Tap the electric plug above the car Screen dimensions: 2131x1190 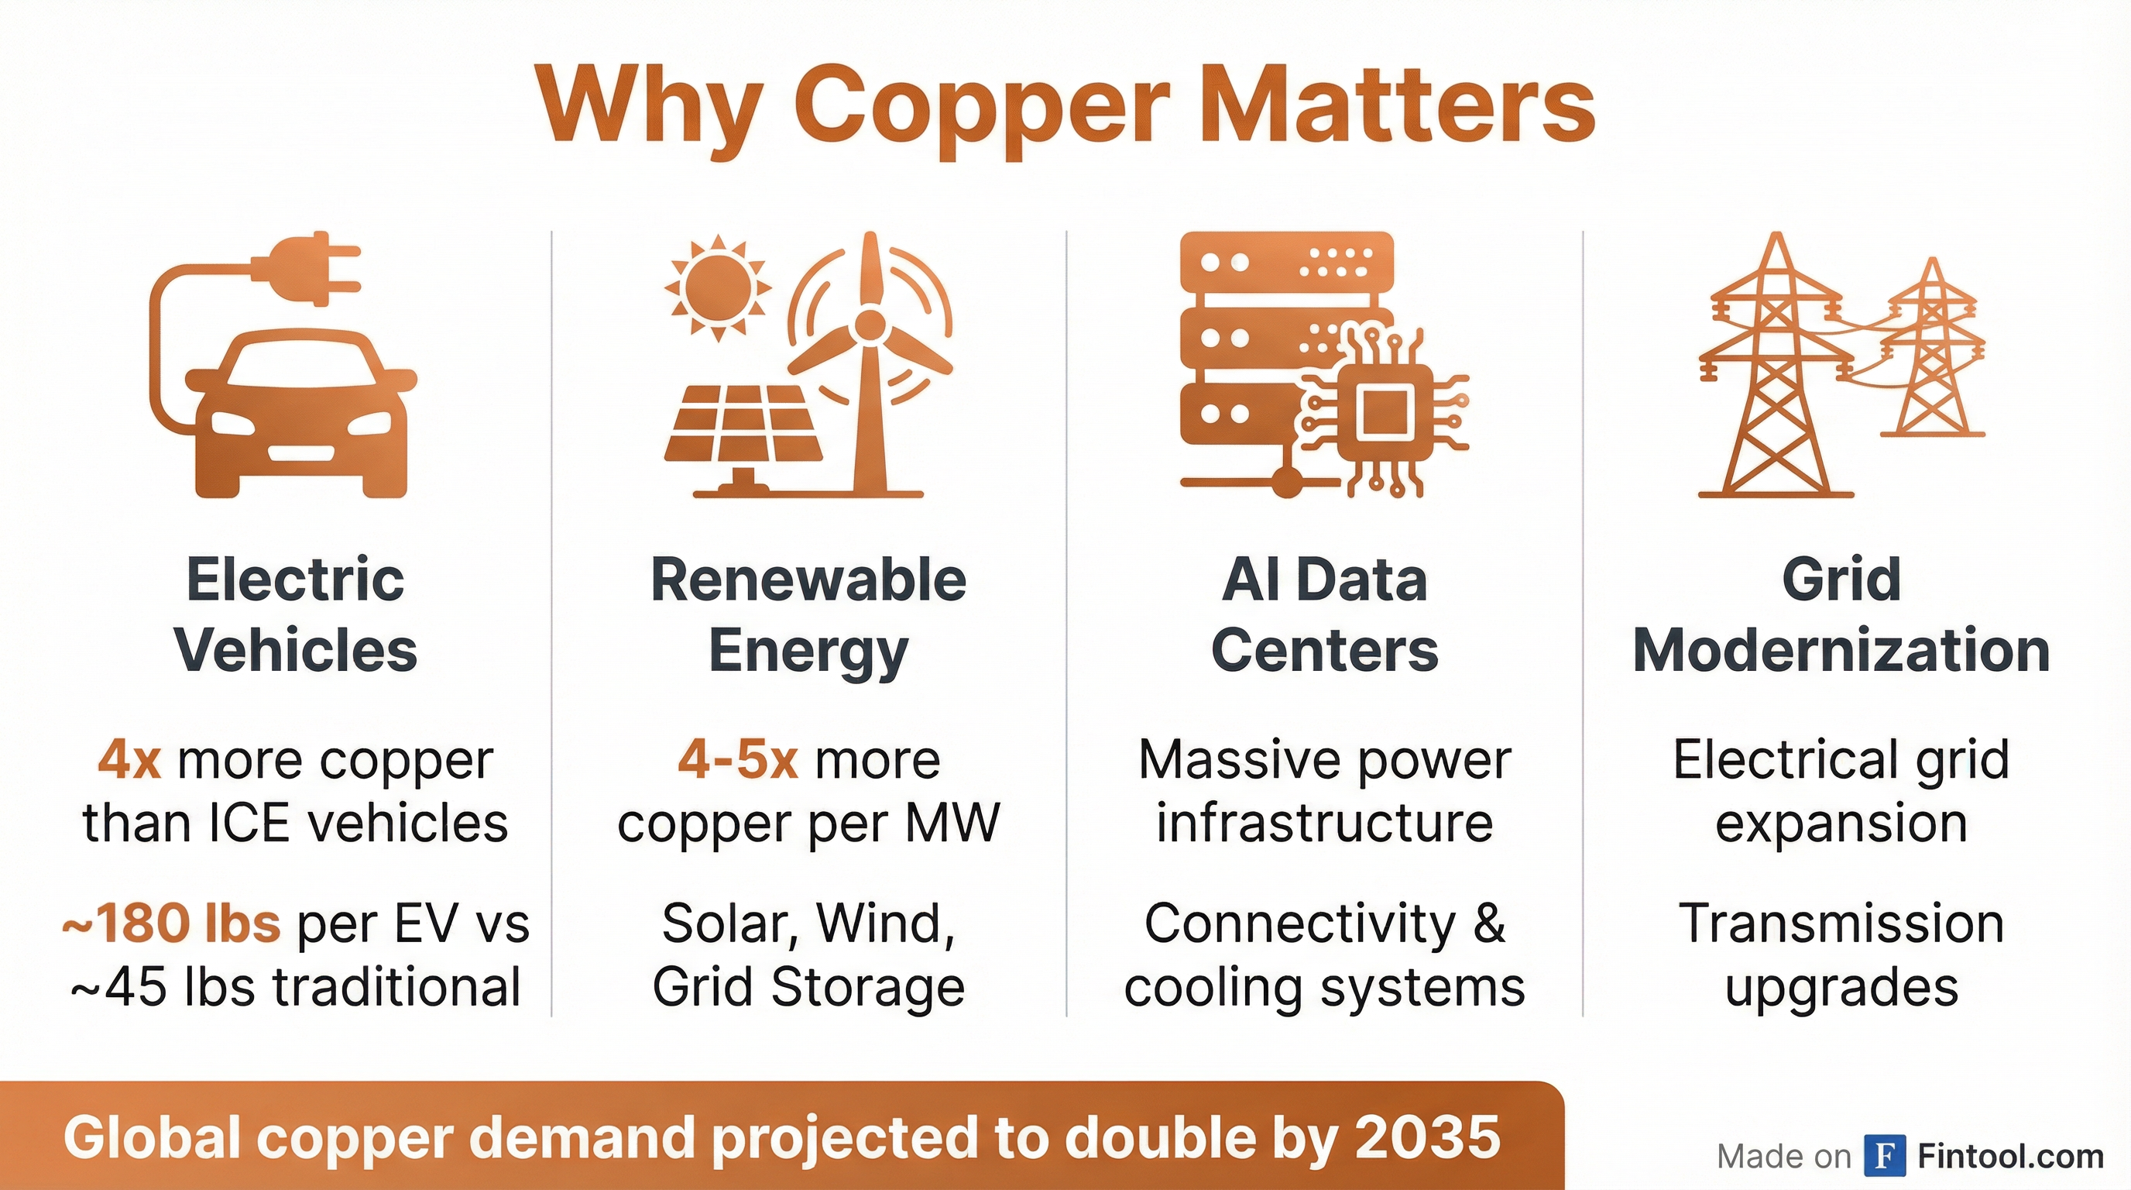click(306, 268)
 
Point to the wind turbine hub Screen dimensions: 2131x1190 click(870, 325)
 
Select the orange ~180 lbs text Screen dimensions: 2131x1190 click(171, 923)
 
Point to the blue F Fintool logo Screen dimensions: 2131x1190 click(1886, 1156)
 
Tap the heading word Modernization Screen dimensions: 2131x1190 click(1841, 651)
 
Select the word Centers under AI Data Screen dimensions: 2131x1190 click(1324, 651)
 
